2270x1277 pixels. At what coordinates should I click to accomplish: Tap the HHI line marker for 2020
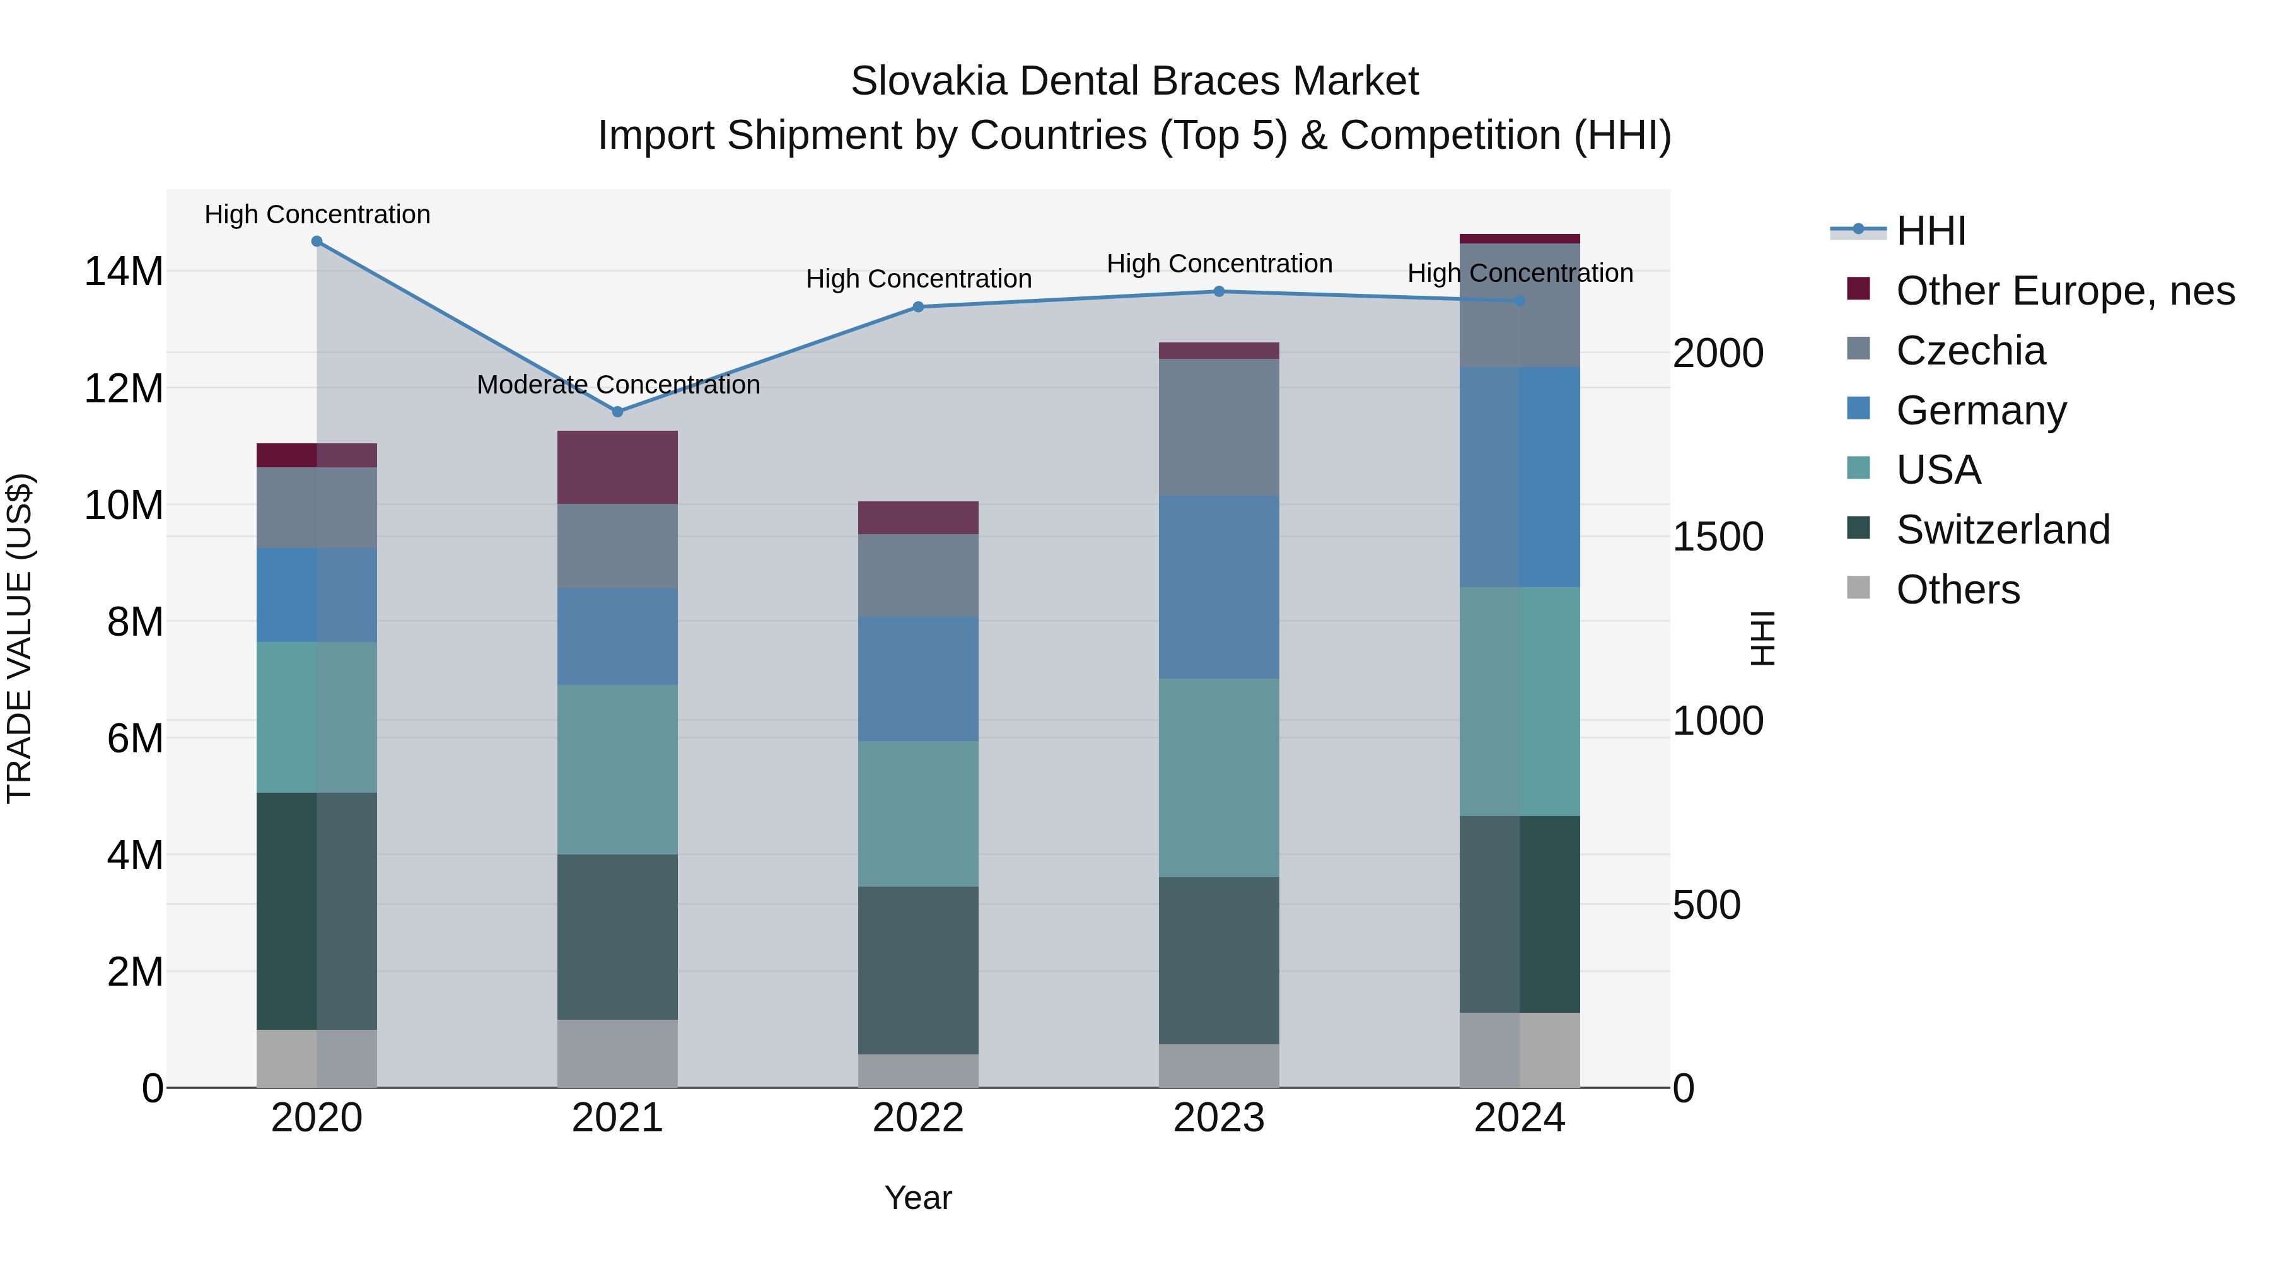click(x=317, y=242)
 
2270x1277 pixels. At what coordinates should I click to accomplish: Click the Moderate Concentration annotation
click(x=618, y=385)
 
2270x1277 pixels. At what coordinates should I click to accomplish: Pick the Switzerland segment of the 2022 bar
click(x=917, y=971)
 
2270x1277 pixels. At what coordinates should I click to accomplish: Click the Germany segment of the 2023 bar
click(x=1219, y=587)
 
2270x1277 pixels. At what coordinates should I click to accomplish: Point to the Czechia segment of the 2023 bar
click(x=1219, y=428)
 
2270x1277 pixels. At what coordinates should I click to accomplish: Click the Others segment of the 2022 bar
click(x=917, y=1071)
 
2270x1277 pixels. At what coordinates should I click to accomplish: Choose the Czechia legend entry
click(x=1970, y=351)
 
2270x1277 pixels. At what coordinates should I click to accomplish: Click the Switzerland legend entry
click(x=2002, y=530)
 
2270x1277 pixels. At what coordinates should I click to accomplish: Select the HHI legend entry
click(x=1930, y=231)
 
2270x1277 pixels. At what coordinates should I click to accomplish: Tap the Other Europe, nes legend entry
click(x=2064, y=291)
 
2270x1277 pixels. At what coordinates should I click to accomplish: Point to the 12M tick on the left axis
click(x=124, y=388)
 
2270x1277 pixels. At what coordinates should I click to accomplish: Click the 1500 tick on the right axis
click(x=1718, y=537)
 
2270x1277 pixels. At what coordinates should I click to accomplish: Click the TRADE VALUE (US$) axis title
click(x=20, y=638)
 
